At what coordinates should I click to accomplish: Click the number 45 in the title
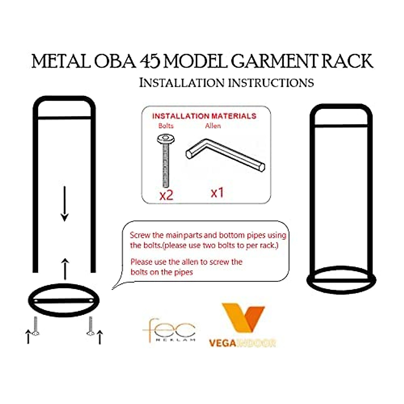point(150,62)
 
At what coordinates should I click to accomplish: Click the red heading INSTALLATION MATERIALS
point(204,116)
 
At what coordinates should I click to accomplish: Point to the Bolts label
point(166,126)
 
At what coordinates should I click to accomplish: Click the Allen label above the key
point(213,126)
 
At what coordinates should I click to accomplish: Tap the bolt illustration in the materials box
point(165,160)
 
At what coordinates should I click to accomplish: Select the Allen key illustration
point(225,155)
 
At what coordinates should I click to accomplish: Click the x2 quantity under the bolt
point(166,195)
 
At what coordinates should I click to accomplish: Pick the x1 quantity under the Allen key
point(217,193)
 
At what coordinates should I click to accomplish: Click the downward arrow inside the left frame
point(65,204)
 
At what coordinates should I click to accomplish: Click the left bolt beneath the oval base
point(36,327)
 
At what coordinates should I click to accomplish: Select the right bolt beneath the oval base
point(90,327)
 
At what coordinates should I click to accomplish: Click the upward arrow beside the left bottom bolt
point(28,337)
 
